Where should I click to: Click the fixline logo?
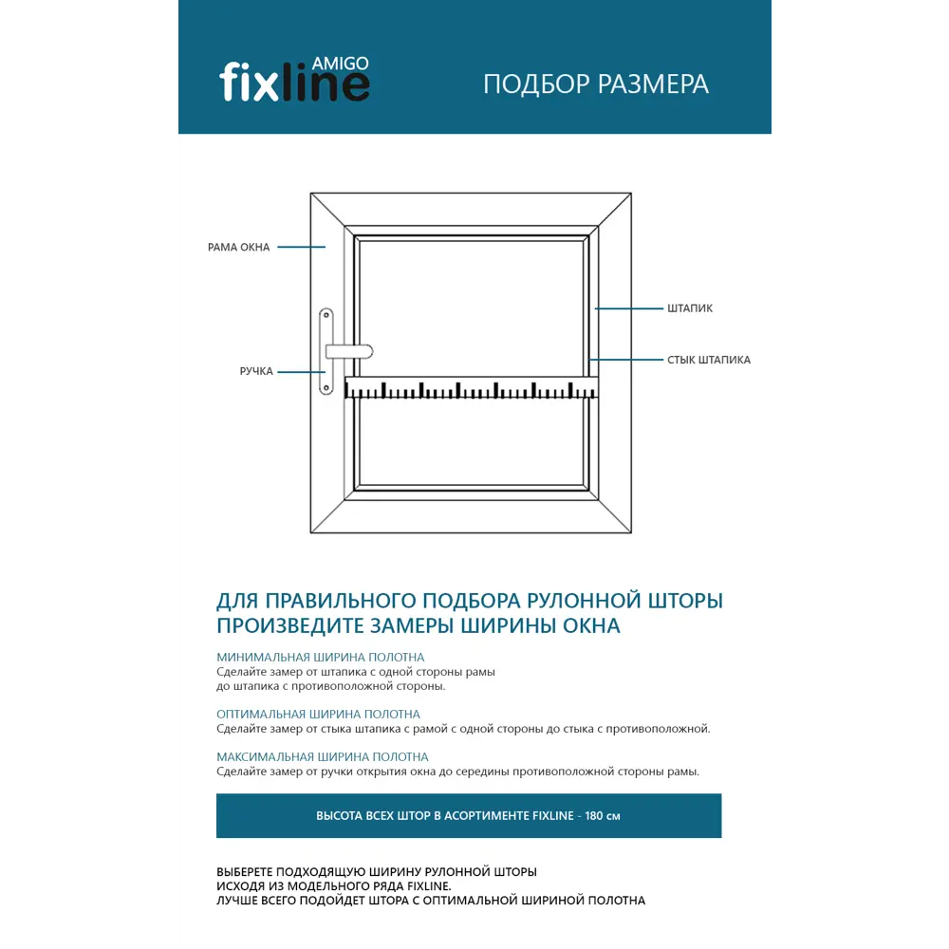[294, 82]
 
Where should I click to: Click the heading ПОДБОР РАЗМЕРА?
[596, 84]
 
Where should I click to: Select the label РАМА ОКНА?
[239, 248]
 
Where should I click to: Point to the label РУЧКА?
[256, 372]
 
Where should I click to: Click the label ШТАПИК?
[690, 308]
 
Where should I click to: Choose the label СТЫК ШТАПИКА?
[709, 361]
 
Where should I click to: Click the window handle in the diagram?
[347, 351]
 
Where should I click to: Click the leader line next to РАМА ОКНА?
[302, 248]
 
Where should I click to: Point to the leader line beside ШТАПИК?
[628, 308]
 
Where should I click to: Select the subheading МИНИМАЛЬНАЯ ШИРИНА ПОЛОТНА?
[320, 657]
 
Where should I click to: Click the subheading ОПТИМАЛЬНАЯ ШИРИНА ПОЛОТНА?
[318, 714]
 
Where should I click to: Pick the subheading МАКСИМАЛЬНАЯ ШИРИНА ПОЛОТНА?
[322, 757]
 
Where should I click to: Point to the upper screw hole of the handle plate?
[326, 314]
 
